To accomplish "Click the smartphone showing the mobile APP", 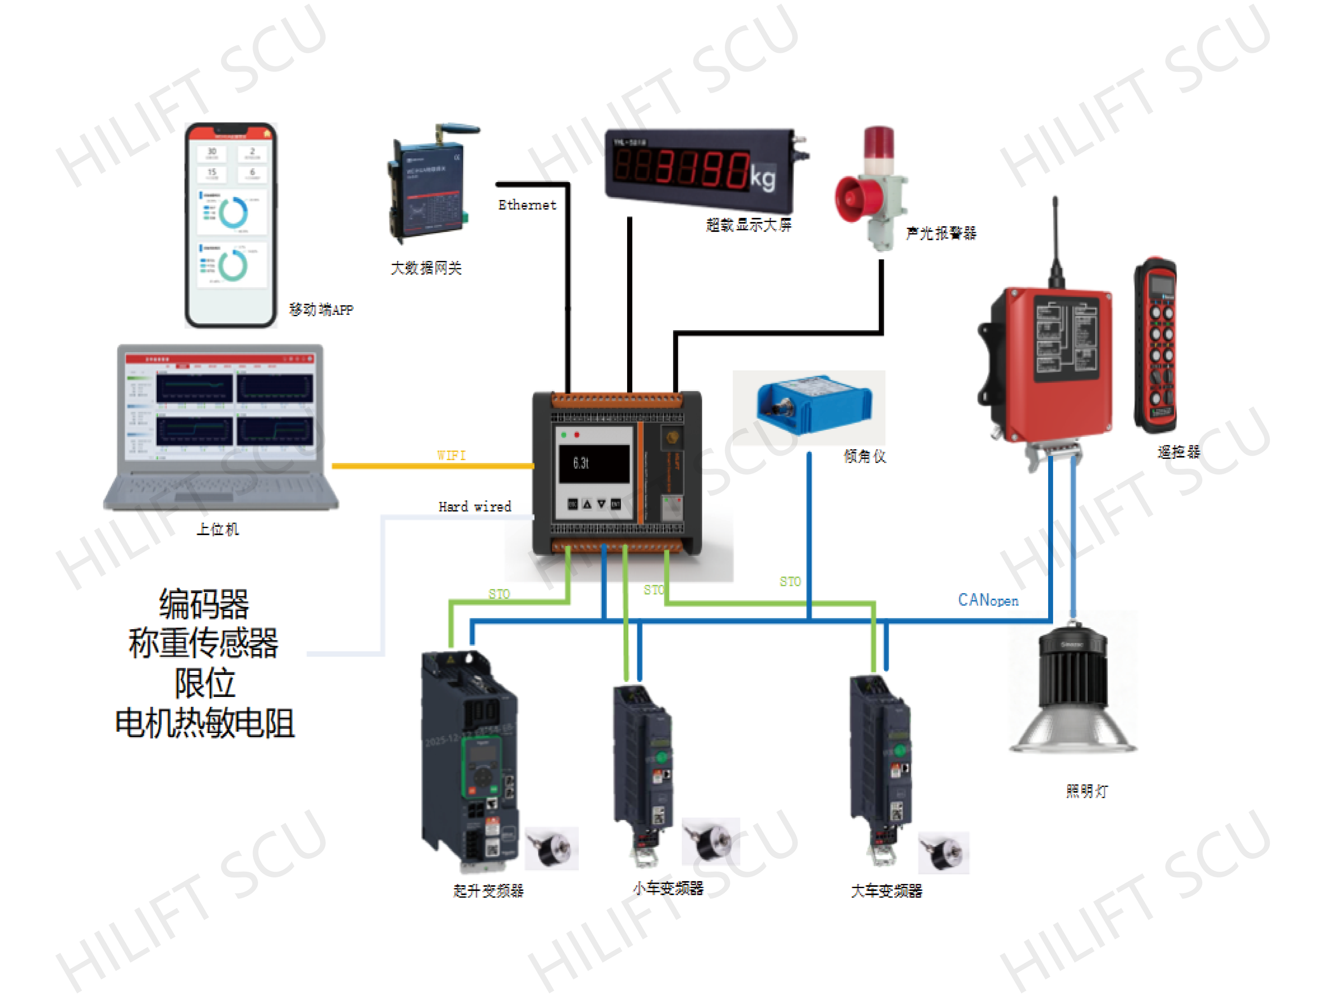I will click(231, 225).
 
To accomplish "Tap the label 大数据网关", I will click(426, 268).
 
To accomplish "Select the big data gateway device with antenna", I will click(428, 186).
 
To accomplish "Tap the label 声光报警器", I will click(941, 233).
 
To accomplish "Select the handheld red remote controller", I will click(1155, 345).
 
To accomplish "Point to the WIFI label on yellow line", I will click(451, 455).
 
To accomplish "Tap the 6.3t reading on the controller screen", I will click(581, 463).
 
